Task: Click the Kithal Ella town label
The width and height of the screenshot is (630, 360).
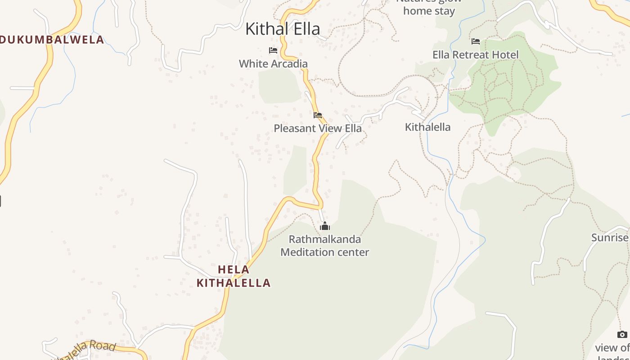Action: tap(283, 29)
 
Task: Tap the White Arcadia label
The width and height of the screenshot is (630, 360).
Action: tap(273, 64)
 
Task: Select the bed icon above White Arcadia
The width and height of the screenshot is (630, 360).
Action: tap(273, 50)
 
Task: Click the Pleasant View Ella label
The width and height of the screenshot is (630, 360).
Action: tap(317, 128)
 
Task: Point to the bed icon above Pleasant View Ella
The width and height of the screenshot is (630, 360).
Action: tap(318, 115)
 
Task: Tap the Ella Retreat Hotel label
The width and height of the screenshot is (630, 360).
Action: tap(475, 55)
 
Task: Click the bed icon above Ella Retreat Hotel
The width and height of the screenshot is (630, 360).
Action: tap(476, 41)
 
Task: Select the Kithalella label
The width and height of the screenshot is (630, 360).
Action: tap(427, 127)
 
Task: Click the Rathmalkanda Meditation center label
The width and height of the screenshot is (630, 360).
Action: tap(324, 246)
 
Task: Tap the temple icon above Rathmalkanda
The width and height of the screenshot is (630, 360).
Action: tap(324, 226)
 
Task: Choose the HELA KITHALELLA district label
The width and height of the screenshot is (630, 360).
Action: tap(234, 276)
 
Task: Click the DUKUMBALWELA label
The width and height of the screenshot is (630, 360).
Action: tap(52, 40)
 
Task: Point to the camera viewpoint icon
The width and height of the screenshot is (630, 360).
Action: tap(622, 334)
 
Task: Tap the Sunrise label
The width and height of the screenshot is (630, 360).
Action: tap(610, 238)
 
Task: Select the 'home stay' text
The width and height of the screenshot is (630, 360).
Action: tap(429, 11)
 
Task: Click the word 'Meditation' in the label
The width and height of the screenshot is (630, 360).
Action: tap(306, 252)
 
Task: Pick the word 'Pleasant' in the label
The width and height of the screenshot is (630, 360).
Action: tap(294, 128)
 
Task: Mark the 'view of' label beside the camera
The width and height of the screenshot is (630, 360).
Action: tap(612, 348)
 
